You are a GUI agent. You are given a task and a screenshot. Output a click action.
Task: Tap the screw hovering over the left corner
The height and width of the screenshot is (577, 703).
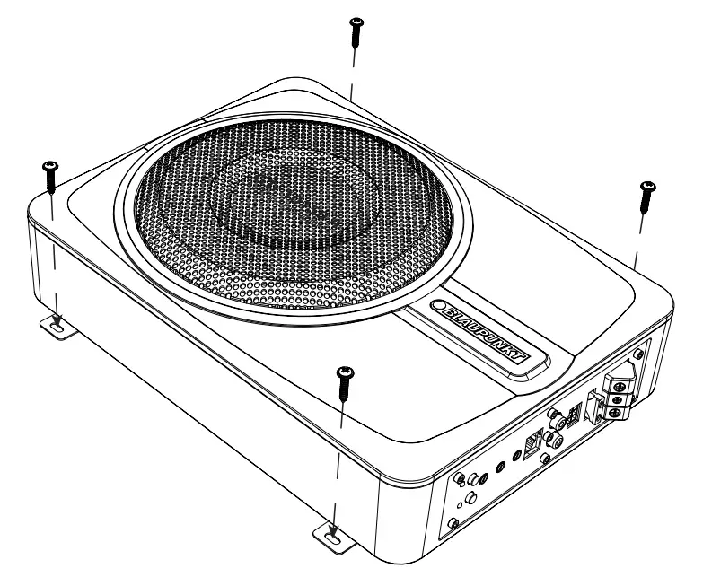click(x=50, y=177)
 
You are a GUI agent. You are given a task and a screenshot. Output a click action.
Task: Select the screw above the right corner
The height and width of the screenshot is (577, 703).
click(x=646, y=196)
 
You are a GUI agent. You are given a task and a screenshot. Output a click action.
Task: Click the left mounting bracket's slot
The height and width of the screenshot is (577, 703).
click(x=57, y=329)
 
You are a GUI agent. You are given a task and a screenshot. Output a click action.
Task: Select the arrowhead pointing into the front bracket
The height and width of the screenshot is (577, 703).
click(x=335, y=530)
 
